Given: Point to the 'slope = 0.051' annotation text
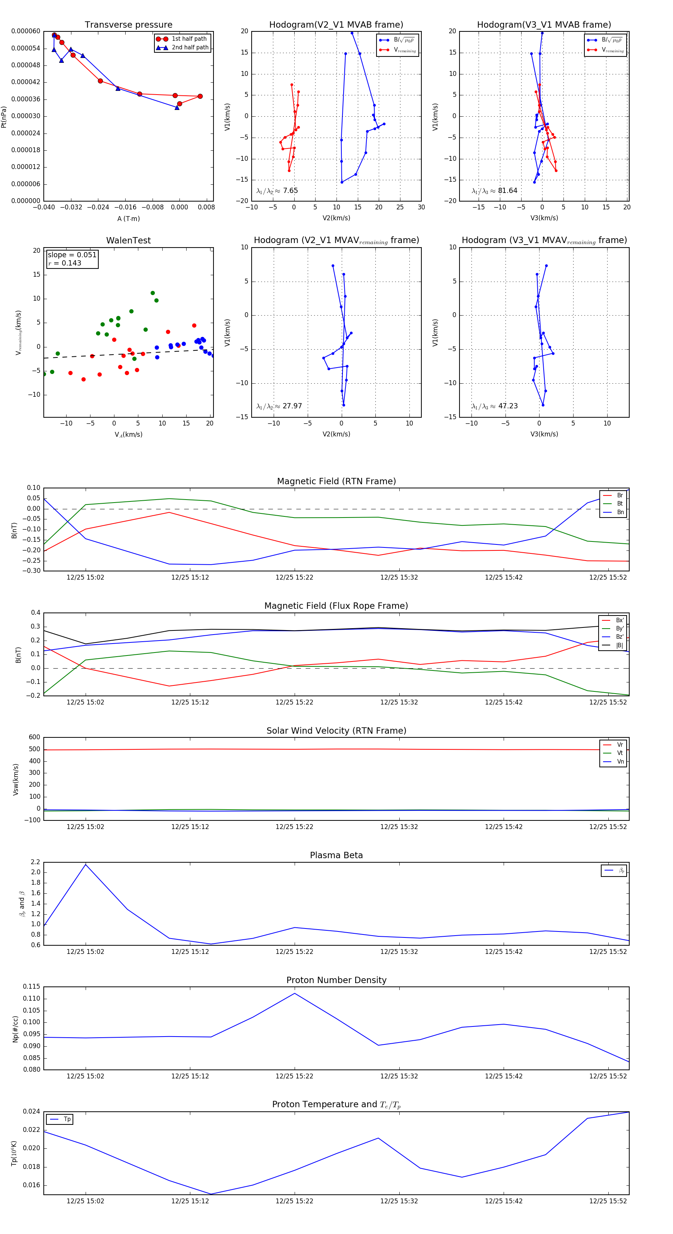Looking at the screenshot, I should click(x=72, y=255).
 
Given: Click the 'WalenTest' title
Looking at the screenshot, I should click(x=128, y=240).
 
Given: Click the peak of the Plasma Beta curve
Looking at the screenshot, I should click(x=86, y=864).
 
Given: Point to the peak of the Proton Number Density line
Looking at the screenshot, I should click(x=295, y=994).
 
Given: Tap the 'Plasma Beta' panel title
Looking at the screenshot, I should click(x=336, y=856).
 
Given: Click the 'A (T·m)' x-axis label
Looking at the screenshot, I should click(x=128, y=219).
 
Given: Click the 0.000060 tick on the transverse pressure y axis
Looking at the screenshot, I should click(x=26, y=31).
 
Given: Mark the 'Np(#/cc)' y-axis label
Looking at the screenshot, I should click(x=15, y=1029).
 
